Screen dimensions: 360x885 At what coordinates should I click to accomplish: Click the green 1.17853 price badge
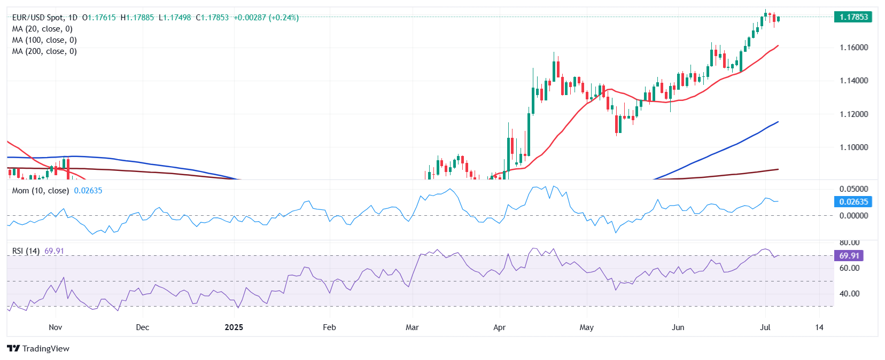pos(853,17)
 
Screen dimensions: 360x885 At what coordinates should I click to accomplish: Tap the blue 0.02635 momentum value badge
pos(853,202)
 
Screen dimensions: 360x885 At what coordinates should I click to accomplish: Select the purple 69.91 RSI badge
pos(849,256)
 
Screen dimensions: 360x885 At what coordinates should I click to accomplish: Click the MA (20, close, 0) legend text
pos(42,29)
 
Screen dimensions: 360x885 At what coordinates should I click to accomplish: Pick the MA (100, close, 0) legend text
pos(44,40)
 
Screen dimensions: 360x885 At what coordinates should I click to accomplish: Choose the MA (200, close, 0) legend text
pos(44,51)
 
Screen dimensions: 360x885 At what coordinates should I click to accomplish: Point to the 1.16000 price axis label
pos(853,48)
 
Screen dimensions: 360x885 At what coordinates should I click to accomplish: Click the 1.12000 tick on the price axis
pos(853,114)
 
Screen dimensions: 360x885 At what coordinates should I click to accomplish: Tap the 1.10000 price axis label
pos(853,147)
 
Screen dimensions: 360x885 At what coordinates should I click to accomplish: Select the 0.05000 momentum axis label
pos(853,189)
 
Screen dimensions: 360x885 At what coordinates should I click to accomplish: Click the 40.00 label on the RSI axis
pos(850,294)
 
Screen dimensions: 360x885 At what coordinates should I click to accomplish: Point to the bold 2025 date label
pos(234,327)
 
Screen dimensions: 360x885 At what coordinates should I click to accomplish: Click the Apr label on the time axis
pos(499,327)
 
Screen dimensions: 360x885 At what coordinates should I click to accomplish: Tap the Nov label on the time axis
pos(55,327)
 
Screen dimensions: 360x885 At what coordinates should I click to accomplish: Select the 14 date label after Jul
pos(819,327)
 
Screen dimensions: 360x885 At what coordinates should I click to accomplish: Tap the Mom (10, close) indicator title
pos(41,191)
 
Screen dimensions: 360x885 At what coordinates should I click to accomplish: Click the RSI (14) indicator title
pos(26,251)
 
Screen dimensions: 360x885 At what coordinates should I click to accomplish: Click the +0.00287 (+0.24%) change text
pos(266,18)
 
